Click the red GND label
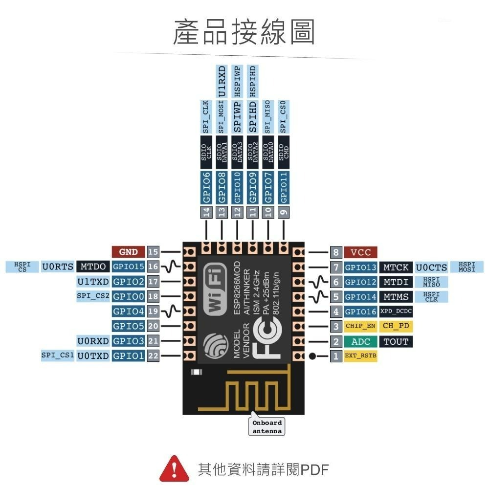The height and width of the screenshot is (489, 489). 129,252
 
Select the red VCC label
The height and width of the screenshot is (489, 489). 360,252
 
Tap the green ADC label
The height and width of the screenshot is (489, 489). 360,341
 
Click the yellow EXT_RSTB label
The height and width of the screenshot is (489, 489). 360,356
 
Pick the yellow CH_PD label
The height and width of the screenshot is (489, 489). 396,326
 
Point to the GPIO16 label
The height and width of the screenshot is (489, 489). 360,311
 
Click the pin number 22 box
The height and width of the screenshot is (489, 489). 153,356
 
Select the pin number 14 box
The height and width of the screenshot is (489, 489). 206,212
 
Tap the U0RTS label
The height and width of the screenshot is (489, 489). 57,267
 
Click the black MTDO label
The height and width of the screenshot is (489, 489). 93,267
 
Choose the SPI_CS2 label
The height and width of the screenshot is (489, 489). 93,296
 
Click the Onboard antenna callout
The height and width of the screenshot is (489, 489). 267,426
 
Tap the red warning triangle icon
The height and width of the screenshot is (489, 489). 174,468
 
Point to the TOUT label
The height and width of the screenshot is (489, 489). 396,341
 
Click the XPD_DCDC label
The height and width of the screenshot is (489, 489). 396,311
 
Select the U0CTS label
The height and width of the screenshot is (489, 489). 431,267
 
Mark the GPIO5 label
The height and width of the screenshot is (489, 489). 129,326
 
